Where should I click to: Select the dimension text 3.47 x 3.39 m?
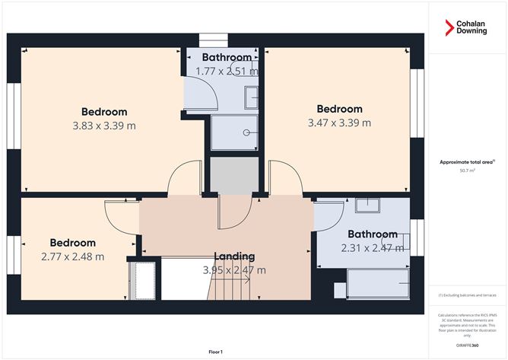coord(339,123)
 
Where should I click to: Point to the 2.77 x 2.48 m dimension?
coord(73,256)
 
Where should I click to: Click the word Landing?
coord(233,256)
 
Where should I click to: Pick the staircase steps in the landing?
coord(230,290)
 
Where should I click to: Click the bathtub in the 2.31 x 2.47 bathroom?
coord(377,285)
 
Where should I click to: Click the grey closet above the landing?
coord(233,176)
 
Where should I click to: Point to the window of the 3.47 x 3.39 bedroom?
coord(416,104)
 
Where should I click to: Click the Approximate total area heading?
coord(466,162)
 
